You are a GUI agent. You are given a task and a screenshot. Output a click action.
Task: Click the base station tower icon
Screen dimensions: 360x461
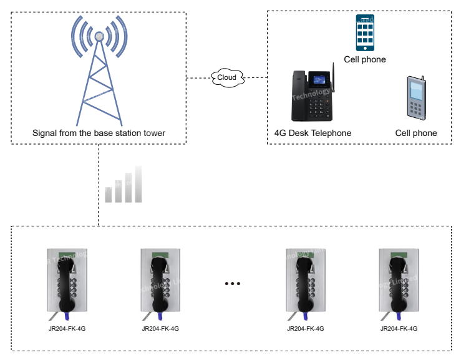99,75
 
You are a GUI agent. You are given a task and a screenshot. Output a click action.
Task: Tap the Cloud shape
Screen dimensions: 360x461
226,77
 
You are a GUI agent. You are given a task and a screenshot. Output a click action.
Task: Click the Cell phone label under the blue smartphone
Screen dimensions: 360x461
365,60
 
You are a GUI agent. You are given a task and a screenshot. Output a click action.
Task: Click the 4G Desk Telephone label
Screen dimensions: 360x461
313,134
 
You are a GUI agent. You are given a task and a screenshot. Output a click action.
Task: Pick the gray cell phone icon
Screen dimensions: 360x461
417,98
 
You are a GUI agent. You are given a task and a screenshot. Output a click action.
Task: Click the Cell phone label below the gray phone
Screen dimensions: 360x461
416,134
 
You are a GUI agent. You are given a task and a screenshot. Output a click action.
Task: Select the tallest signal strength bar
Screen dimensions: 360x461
138,184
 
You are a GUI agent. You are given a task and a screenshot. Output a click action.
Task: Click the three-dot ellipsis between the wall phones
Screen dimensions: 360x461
232,284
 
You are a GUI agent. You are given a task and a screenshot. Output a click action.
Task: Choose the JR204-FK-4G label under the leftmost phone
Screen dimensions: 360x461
67,329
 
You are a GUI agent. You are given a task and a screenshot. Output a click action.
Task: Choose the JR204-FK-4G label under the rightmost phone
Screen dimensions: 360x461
399,329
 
